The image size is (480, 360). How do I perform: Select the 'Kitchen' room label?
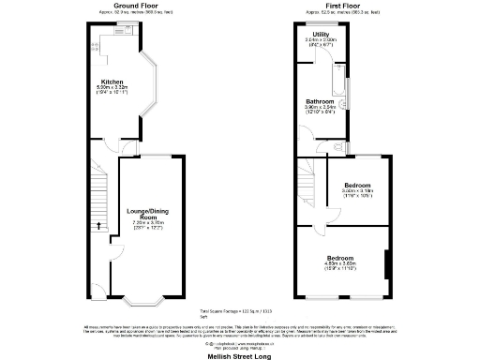112,82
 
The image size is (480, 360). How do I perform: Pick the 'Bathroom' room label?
320,100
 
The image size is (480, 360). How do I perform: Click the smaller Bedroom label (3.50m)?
357,185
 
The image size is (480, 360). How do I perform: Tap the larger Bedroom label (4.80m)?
340,257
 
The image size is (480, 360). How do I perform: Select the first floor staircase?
307,183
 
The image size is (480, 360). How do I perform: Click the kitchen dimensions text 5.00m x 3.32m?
112,90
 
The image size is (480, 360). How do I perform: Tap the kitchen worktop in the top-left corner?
94,42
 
